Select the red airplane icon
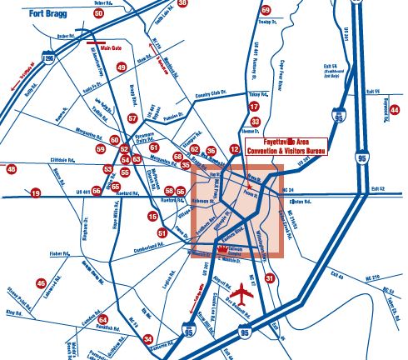[x=242, y=294]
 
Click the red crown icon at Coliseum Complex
[x=223, y=248]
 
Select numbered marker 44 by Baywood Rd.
[x=396, y=109]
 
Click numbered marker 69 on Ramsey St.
[x=266, y=10]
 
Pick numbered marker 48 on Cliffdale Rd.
[x=11, y=170]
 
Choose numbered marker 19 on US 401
[x=35, y=193]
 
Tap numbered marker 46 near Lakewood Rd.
[x=41, y=283]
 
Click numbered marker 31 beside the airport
[x=268, y=277]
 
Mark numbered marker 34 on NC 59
[x=147, y=339]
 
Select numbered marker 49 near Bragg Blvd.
[x=122, y=67]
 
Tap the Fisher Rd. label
[x=38, y=253]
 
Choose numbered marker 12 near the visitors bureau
[x=234, y=148]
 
